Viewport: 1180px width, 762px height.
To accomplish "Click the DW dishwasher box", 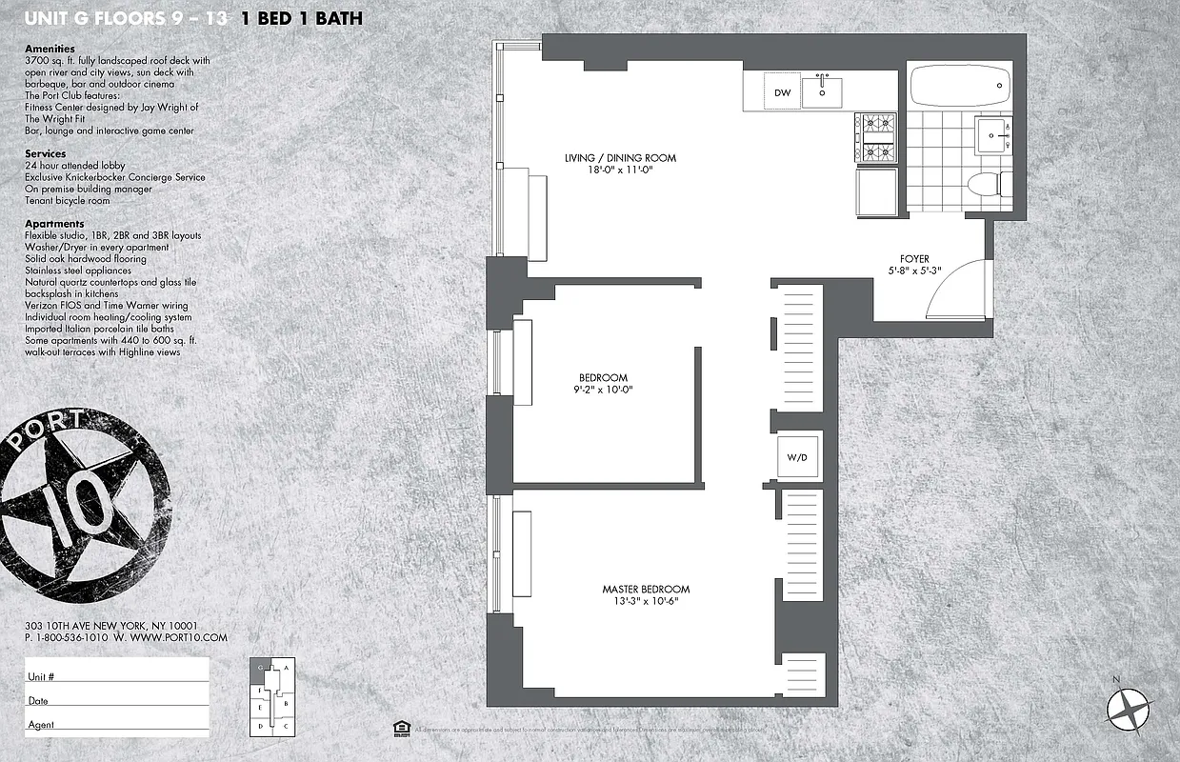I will pyautogui.click(x=782, y=92).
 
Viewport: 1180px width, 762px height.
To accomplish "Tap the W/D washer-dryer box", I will pyautogui.click(x=797, y=458).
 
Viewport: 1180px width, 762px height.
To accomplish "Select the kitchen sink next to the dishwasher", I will pyautogui.click(x=822, y=92).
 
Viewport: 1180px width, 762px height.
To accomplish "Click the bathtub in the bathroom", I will pyautogui.click(x=960, y=87).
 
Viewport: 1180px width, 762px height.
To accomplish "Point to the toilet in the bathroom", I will pyautogui.click(x=986, y=184).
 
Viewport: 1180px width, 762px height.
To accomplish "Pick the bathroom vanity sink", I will pyautogui.click(x=993, y=135).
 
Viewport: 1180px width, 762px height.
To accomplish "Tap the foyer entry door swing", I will pyautogui.click(x=957, y=291).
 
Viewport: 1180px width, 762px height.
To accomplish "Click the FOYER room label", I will pyautogui.click(x=914, y=259).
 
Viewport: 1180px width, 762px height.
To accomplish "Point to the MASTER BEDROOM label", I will pyautogui.click(x=646, y=590).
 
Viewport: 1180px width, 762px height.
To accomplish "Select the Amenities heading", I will pyautogui.click(x=50, y=49).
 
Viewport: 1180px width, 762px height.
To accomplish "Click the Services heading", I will pyautogui.click(x=45, y=153).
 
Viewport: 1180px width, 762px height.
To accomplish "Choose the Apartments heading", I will pyautogui.click(x=54, y=224).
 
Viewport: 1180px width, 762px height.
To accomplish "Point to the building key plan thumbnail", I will pyautogui.click(x=272, y=696).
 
